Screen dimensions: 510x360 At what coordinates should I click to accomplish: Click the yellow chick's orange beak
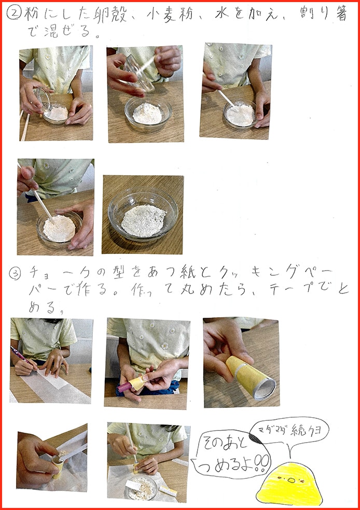pyautogui.click(x=292, y=480)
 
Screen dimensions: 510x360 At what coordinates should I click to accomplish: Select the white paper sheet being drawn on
pyautogui.click(x=57, y=386)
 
